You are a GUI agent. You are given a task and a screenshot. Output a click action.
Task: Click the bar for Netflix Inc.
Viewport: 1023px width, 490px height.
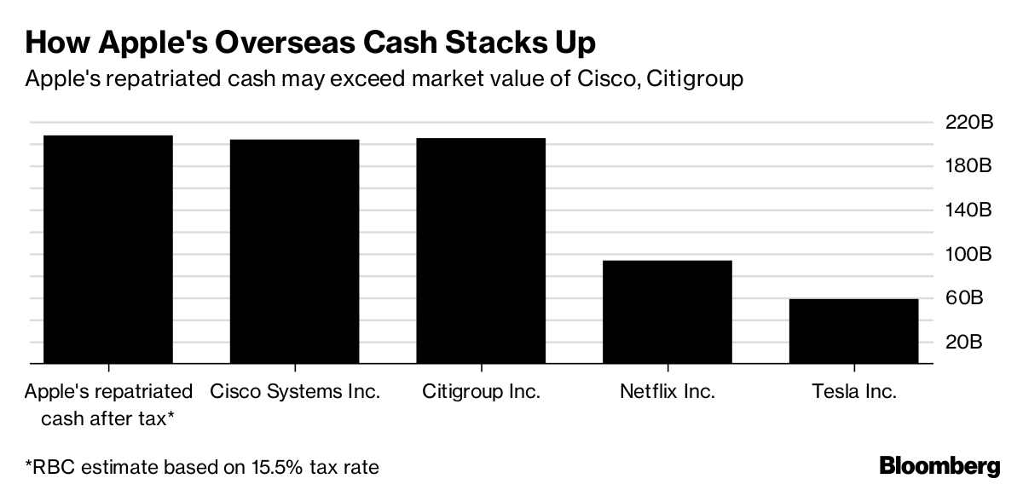668,312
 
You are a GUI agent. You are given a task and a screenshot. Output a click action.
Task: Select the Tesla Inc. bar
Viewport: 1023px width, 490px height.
853,331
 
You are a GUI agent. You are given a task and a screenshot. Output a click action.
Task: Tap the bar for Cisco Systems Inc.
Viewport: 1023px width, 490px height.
294,251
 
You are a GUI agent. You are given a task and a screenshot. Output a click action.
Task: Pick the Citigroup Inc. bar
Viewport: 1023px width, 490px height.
481,251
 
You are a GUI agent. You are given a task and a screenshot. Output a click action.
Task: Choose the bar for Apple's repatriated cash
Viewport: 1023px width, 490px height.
108,249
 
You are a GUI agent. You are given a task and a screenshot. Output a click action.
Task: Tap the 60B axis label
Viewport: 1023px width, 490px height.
974,298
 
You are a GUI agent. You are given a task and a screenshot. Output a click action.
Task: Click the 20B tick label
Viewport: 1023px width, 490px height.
974,343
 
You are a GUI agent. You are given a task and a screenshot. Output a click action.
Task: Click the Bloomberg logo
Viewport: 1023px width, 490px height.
939,466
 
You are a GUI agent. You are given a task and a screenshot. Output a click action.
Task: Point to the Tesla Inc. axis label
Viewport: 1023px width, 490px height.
853,392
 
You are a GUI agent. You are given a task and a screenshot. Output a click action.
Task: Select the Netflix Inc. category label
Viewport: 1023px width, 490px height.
668,392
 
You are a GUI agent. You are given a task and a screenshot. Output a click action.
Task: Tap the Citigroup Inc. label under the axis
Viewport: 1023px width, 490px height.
481,392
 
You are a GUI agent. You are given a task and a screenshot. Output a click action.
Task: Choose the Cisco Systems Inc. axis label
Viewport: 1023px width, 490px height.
294,392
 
